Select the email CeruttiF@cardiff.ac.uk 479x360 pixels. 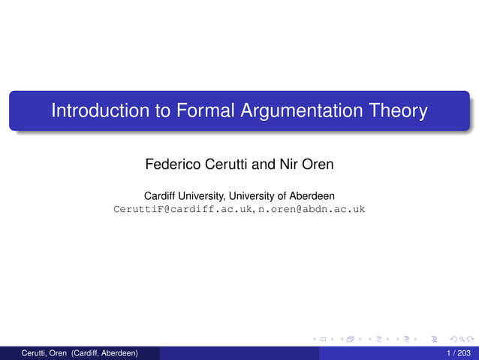[x=183, y=209]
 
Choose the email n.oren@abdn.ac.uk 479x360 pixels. [x=312, y=209]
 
